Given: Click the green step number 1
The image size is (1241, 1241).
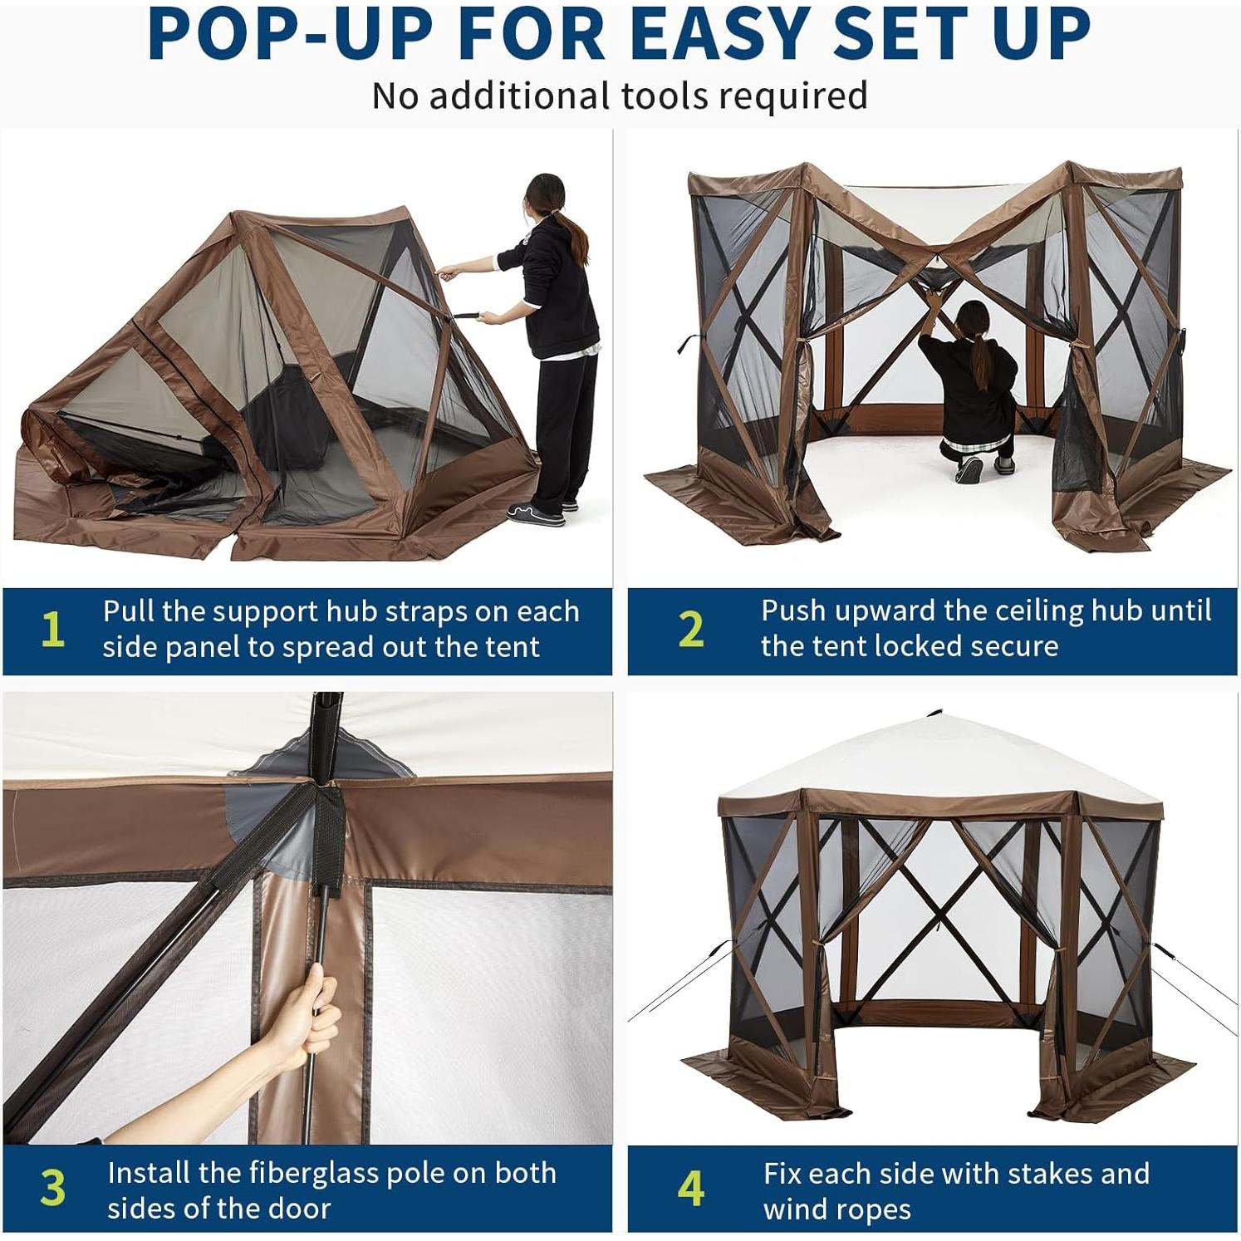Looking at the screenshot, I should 52,630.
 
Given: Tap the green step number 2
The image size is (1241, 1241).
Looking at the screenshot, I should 690,630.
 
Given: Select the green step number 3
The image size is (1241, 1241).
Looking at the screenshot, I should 52,1189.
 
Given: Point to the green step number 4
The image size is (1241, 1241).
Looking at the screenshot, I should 690,1189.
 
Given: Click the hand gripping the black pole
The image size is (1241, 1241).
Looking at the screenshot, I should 310,1018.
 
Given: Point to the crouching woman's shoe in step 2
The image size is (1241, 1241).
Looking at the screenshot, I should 969,470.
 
